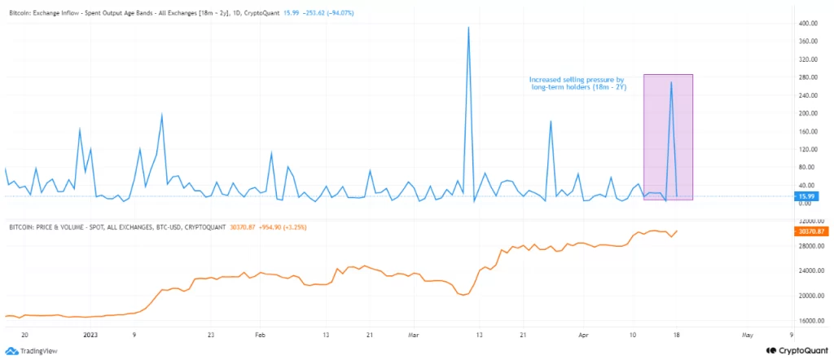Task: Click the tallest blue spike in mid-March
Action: click(x=468, y=28)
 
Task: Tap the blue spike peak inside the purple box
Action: click(x=671, y=82)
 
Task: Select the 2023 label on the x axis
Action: click(x=90, y=334)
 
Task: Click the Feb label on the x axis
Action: click(x=260, y=334)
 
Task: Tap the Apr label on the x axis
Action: click(x=582, y=334)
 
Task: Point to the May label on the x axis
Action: click(x=747, y=334)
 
